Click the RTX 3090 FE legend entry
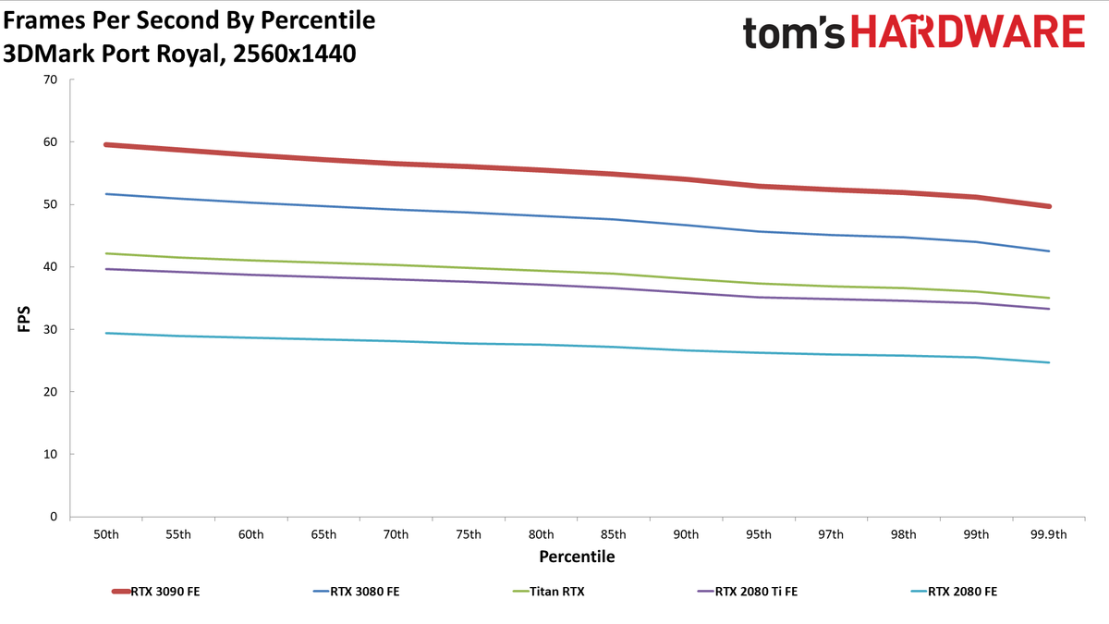156,592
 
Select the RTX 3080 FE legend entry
357,592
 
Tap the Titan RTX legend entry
549,592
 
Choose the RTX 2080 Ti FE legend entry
748,592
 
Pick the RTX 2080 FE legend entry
954,592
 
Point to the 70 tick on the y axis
51,80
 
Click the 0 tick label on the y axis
54,517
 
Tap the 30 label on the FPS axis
51,329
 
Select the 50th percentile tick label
106,534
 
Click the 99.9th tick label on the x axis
1049,534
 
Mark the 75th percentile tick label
469,534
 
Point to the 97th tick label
831,534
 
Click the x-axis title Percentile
577,557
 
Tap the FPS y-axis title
24,319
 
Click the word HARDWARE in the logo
969,32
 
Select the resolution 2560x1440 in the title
294,54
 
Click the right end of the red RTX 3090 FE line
1049,206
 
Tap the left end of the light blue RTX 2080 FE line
106,333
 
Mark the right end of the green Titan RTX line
1049,298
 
